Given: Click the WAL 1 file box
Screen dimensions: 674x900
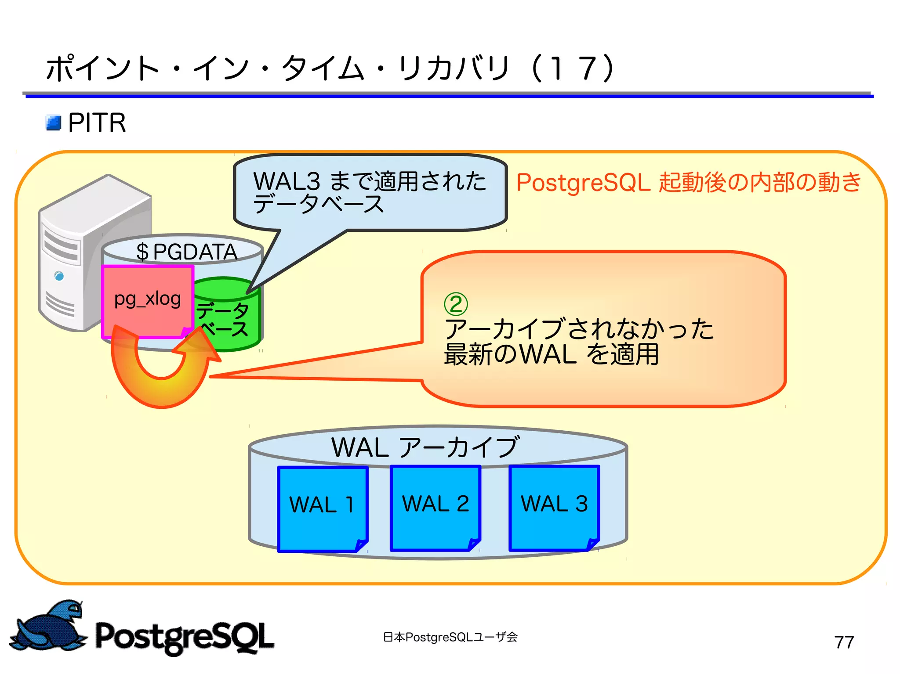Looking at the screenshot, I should tap(323, 508).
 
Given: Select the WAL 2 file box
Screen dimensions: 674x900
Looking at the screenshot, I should tap(435, 508).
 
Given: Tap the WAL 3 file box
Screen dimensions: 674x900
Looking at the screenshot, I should tap(554, 508).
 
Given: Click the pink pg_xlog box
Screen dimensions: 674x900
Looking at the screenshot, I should tap(147, 301).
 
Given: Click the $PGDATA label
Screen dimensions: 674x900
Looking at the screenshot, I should tap(186, 252).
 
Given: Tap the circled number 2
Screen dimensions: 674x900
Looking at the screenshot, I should tap(456, 304).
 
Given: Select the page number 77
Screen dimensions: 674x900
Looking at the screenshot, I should tap(844, 642).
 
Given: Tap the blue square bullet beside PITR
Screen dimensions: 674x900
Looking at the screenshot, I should tap(54, 123).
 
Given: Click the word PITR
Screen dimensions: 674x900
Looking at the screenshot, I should tap(97, 123).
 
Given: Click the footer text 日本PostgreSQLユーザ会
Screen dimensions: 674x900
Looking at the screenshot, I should tap(450, 637).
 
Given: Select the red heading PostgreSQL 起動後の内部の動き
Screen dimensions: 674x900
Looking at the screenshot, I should tap(688, 182).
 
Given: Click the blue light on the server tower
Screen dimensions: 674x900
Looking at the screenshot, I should tap(59, 276).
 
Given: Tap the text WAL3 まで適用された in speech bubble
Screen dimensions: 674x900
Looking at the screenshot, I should tap(370, 181).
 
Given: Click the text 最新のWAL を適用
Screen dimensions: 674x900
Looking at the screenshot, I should tap(551, 354).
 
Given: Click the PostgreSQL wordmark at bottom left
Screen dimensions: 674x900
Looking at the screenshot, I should tap(185, 637).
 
